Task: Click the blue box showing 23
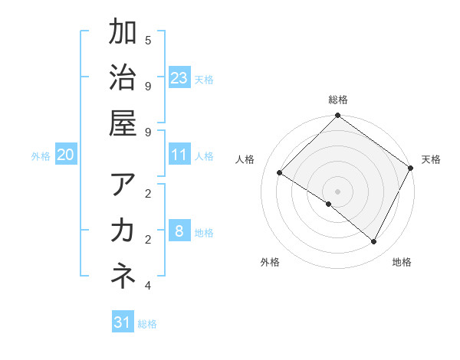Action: pyautogui.click(x=179, y=78)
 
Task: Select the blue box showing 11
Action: pyautogui.click(x=179, y=155)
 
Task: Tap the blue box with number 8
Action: pyautogui.click(x=179, y=231)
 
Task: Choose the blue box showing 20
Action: pyautogui.click(x=66, y=155)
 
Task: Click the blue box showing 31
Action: pyautogui.click(x=123, y=322)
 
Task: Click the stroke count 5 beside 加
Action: pyautogui.click(x=148, y=40)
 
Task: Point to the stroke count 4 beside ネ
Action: pyautogui.click(x=148, y=286)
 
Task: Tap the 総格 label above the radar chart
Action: pyautogui.click(x=338, y=100)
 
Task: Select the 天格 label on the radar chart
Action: pyautogui.click(x=431, y=159)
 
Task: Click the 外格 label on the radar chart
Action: pyautogui.click(x=270, y=262)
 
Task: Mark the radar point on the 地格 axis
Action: pyautogui.click(x=374, y=242)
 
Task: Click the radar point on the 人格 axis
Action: pyautogui.click(x=280, y=173)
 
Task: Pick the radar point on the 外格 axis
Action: pyautogui.click(x=328, y=205)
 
